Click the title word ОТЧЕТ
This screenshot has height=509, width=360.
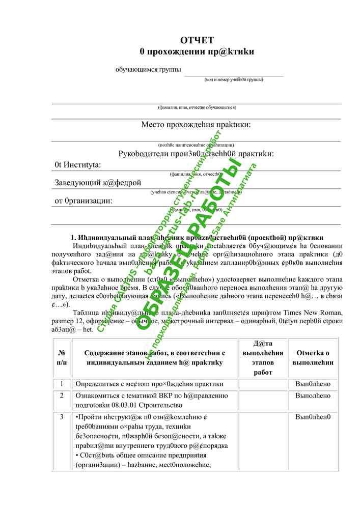(x=197, y=41)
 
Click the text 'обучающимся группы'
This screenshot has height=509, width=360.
(x=148, y=70)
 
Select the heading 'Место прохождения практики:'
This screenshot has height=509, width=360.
(x=196, y=125)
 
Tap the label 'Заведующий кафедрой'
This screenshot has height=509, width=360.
(x=98, y=183)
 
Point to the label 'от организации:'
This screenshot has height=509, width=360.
(x=84, y=201)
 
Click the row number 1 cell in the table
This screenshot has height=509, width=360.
(x=62, y=383)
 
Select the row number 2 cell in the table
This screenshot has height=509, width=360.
(x=62, y=395)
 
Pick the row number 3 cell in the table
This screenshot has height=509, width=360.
(x=62, y=417)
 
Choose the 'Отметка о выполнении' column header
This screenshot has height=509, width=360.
(x=313, y=357)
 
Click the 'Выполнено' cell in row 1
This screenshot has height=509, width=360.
(x=313, y=383)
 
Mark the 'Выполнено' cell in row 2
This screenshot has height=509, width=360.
(x=313, y=395)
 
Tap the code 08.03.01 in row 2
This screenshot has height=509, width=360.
(x=127, y=405)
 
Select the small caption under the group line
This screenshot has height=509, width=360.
(x=234, y=79)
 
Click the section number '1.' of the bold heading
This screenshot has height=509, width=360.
(x=73, y=238)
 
